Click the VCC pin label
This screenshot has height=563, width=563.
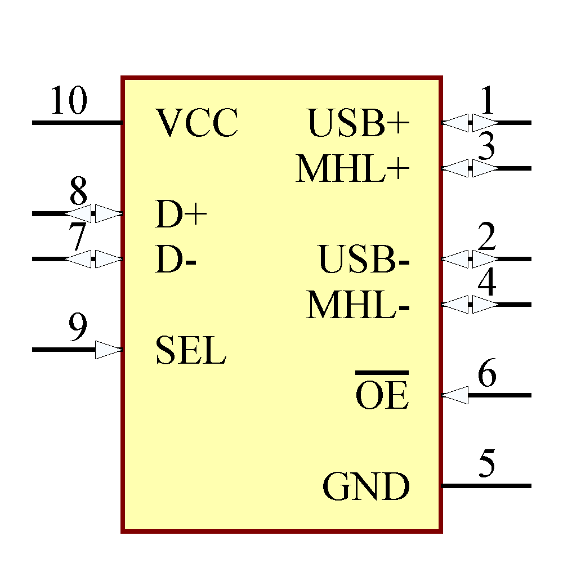pos(196,123)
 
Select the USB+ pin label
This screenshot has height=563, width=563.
pos(358,123)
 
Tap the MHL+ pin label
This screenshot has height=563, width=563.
pos(352,169)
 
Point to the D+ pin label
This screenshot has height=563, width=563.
pos(181,215)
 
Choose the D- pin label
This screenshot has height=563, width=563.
pos(175,260)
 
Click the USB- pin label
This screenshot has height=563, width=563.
pos(364,260)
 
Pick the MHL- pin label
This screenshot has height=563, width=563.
pos(358,306)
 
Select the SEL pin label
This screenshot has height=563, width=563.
pos(190,350)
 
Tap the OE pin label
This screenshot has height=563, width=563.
pos(382,396)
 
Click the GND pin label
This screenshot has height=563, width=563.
pos(366,487)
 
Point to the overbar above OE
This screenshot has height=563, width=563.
pos(382,373)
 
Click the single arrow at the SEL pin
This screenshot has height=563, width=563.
pos(109,350)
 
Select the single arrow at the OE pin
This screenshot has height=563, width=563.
pos(455,395)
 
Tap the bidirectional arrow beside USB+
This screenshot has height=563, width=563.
pos(470,122)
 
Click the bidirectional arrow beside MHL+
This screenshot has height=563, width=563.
pos(470,168)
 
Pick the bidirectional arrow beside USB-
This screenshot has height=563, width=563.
pos(470,259)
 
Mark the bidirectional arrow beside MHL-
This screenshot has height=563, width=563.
pos(470,305)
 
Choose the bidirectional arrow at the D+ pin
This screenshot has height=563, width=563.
pos(93,214)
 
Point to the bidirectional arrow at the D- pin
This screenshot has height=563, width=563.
pos(93,259)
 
